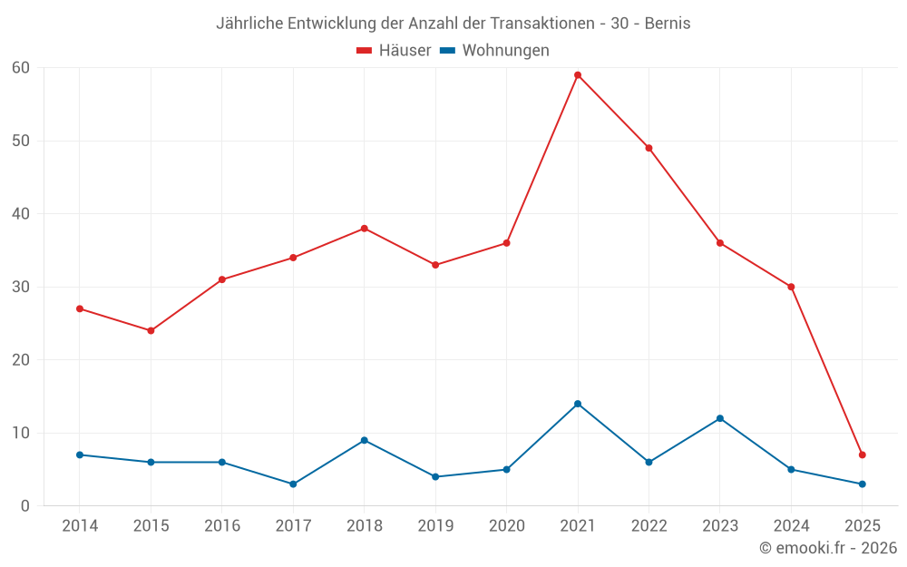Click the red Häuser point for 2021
(x=578, y=75)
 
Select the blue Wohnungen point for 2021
(x=578, y=404)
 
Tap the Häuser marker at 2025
(x=863, y=455)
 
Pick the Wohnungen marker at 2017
(x=293, y=484)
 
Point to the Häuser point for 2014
(x=80, y=308)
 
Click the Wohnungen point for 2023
(x=720, y=418)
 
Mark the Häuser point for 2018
(x=365, y=229)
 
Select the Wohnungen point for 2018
(x=365, y=440)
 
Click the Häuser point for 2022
(x=649, y=148)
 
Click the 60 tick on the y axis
(x=21, y=68)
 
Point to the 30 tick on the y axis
(x=21, y=287)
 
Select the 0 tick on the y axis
(x=25, y=505)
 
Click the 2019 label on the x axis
(x=435, y=526)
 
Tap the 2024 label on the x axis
(x=791, y=526)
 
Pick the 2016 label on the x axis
(x=222, y=526)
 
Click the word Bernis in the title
(x=668, y=24)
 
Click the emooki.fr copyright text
(x=828, y=548)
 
